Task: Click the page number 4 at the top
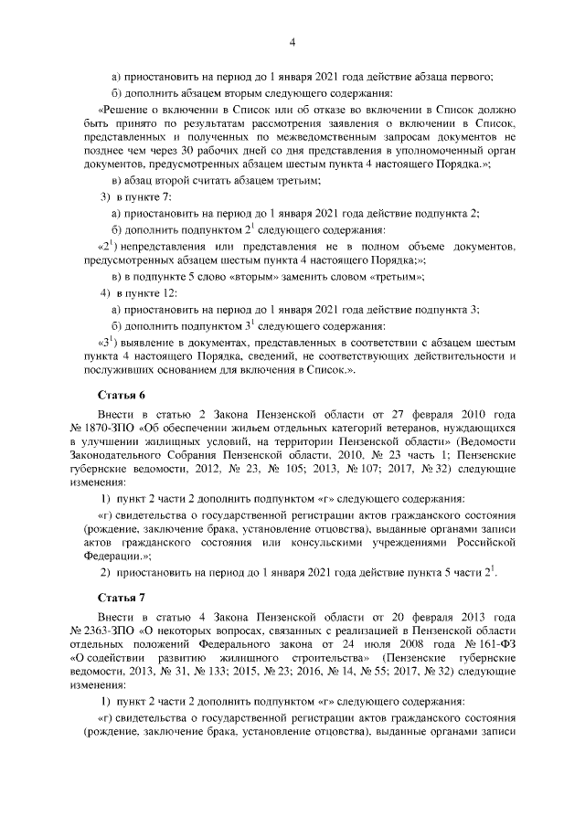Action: pos(292,41)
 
